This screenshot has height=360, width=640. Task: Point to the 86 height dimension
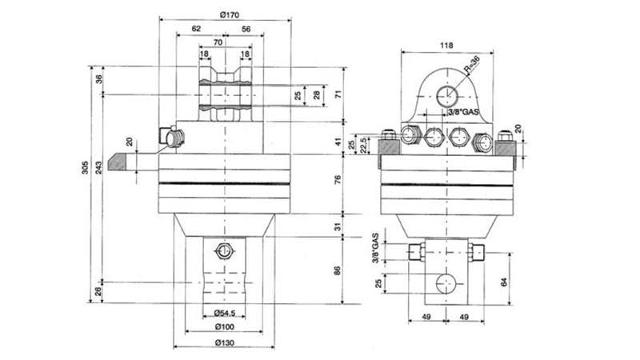pyautogui.click(x=337, y=270)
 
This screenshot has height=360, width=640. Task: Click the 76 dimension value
pyautogui.click(x=337, y=181)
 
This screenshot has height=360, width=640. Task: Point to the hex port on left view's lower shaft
pyautogui.click(x=223, y=253)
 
